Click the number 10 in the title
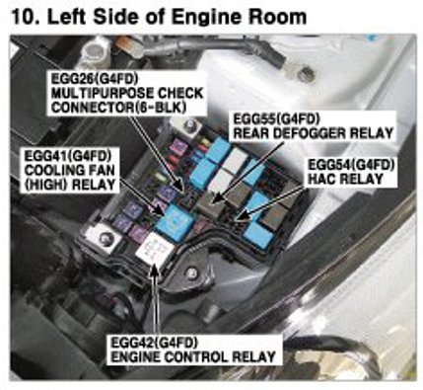(22, 17)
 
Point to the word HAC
(322, 180)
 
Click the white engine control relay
(155, 250)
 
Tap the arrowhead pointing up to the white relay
(155, 271)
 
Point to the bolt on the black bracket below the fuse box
(191, 273)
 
